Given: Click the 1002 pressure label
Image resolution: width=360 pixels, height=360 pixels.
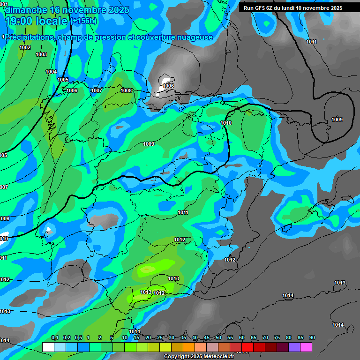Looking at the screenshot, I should pos(25,47).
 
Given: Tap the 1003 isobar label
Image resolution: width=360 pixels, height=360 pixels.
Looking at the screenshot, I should pos(41,54).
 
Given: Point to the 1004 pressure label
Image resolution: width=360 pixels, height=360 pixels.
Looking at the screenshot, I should pos(51,72).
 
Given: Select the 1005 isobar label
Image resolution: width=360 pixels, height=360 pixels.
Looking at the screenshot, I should pos(63,80).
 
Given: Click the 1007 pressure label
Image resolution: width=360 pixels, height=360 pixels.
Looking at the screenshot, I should pos(97,90).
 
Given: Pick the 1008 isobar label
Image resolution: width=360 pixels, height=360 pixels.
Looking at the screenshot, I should pos(126,90).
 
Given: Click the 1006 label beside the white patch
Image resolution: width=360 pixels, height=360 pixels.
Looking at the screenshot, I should pos(168,86).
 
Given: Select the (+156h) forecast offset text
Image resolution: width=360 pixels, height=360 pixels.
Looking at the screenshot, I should pos(84,21).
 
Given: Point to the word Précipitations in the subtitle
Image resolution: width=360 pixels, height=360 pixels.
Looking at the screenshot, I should pos(29,37).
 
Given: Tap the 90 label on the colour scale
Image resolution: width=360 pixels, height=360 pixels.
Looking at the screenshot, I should pos(312,337).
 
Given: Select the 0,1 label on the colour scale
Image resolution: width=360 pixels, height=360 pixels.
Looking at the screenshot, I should pos(54,337).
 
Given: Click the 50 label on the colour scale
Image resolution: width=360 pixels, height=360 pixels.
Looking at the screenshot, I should pos(218,337).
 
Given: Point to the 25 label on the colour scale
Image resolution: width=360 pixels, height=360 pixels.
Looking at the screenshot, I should pos(159,337).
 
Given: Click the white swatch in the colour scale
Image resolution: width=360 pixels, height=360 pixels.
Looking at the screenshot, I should pos(48,347).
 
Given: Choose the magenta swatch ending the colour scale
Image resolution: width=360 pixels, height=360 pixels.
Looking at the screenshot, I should pos(306,347).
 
